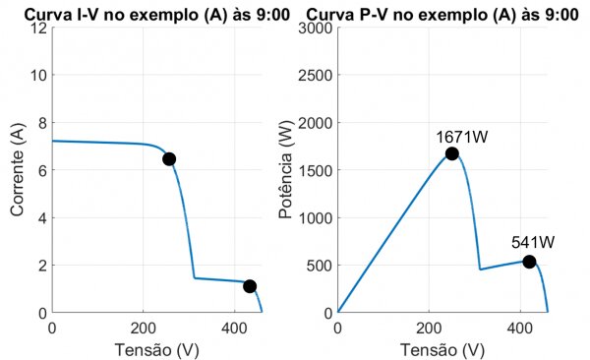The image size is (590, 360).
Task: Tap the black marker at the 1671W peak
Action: point(452,153)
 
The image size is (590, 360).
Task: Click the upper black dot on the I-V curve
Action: point(169,158)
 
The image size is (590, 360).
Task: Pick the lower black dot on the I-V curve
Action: point(250,286)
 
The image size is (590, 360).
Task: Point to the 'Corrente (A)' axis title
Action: point(18,170)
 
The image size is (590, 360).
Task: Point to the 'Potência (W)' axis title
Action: point(285,170)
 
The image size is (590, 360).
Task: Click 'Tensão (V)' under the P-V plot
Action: point(442,349)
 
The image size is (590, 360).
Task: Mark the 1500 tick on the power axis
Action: point(315,170)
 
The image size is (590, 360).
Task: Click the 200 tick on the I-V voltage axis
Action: point(144,328)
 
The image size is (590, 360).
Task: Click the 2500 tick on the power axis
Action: point(315,76)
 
